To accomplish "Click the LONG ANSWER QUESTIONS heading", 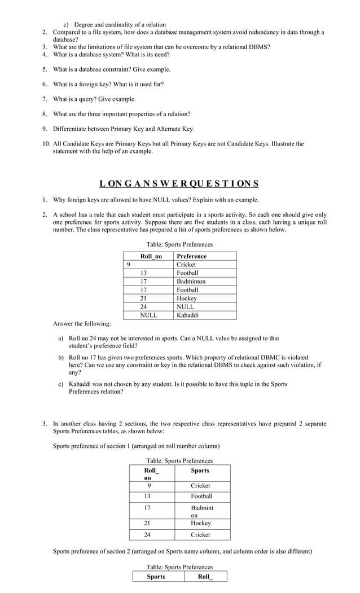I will [179, 183].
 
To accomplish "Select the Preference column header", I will [191, 256].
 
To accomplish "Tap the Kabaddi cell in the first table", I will [187, 315].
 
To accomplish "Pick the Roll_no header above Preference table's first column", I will [151, 256].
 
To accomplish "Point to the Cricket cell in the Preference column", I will [186, 265].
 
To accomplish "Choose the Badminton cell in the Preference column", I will [191, 282].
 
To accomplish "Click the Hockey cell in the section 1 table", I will [200, 523].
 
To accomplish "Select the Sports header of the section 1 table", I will [200, 471].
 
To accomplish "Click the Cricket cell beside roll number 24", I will [200, 535].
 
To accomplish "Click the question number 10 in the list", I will [46, 144].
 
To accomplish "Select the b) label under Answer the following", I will [61, 358].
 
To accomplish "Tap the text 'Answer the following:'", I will [82, 324].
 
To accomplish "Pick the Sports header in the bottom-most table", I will [156, 577].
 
